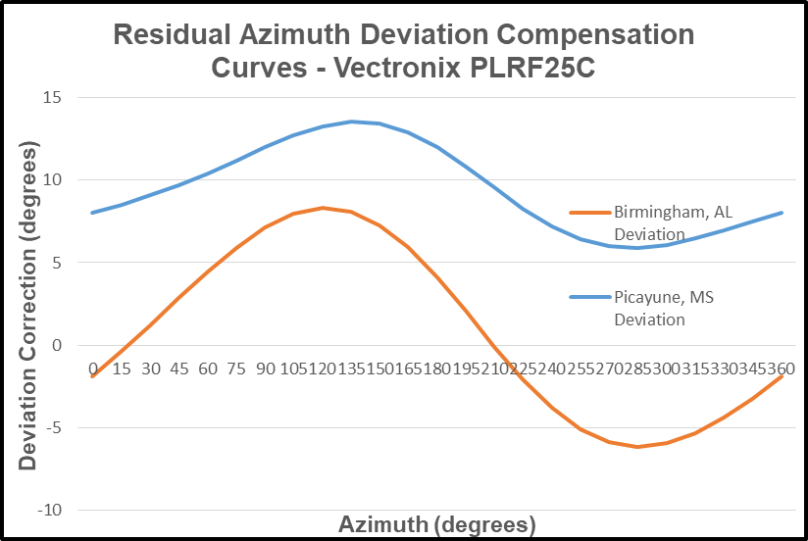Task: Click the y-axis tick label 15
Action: tap(51, 98)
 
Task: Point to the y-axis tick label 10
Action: tap(51, 180)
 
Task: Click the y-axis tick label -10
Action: tap(49, 511)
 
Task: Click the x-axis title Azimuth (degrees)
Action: tap(437, 524)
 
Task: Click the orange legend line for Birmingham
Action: tap(589, 213)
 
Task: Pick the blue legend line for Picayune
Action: tap(589, 297)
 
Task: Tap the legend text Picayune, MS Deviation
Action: tap(652, 308)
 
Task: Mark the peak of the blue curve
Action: tap(351, 122)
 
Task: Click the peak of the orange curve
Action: tap(322, 208)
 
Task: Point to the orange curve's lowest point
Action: tap(637, 447)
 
